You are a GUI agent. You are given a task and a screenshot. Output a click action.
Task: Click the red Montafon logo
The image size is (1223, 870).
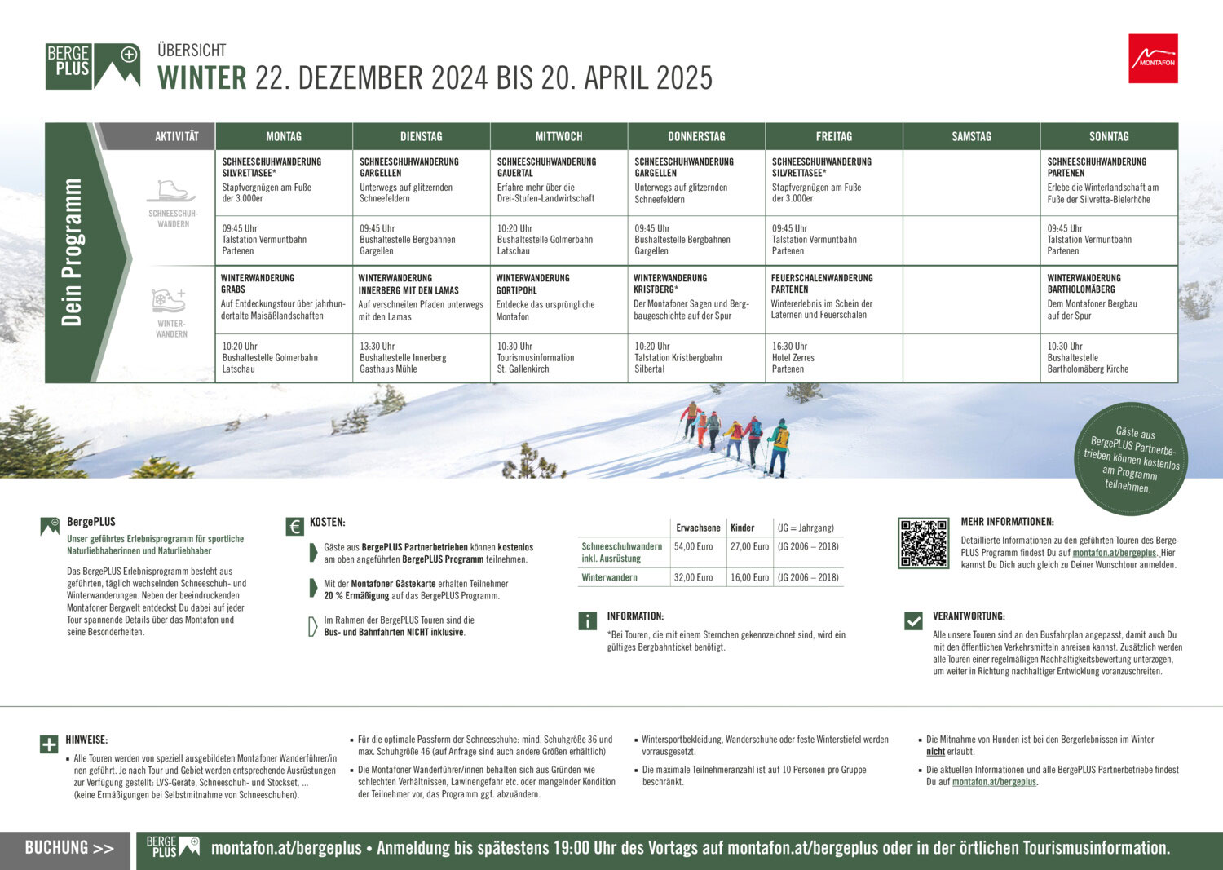[1153, 59]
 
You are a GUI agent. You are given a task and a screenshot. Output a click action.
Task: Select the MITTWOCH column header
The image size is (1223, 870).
[559, 136]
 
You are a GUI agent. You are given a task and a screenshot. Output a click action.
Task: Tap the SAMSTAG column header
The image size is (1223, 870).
[971, 136]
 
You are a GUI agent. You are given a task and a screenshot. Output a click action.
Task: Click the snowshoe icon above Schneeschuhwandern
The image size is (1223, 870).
[172, 192]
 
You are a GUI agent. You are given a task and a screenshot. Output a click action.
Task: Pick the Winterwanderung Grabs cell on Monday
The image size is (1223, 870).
[283, 297]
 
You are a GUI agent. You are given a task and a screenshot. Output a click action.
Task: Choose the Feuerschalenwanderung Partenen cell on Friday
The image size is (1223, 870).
[832, 296]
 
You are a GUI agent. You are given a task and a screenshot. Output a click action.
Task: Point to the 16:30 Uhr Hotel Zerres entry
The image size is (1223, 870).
[793, 357]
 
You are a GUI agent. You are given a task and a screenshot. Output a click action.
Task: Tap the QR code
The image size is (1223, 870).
[923, 542]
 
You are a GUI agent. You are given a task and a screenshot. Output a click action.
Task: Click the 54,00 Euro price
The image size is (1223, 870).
[693, 546]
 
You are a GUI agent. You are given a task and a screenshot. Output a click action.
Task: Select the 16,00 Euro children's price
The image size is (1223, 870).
[749, 577]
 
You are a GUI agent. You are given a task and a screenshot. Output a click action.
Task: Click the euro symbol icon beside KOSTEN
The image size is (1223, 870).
[294, 527]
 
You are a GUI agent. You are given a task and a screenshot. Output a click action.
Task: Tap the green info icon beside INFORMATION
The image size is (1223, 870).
[587, 621]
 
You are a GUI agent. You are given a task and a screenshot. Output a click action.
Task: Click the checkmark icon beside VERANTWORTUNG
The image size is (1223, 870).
[913, 621]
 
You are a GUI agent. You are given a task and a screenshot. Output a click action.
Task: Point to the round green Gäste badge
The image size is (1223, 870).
[1131, 459]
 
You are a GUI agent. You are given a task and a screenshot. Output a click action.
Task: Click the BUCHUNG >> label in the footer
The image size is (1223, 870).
[69, 848]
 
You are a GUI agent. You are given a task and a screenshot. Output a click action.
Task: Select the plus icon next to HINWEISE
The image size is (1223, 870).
[49, 744]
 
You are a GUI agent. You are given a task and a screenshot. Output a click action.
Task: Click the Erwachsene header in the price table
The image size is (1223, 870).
[698, 528]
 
